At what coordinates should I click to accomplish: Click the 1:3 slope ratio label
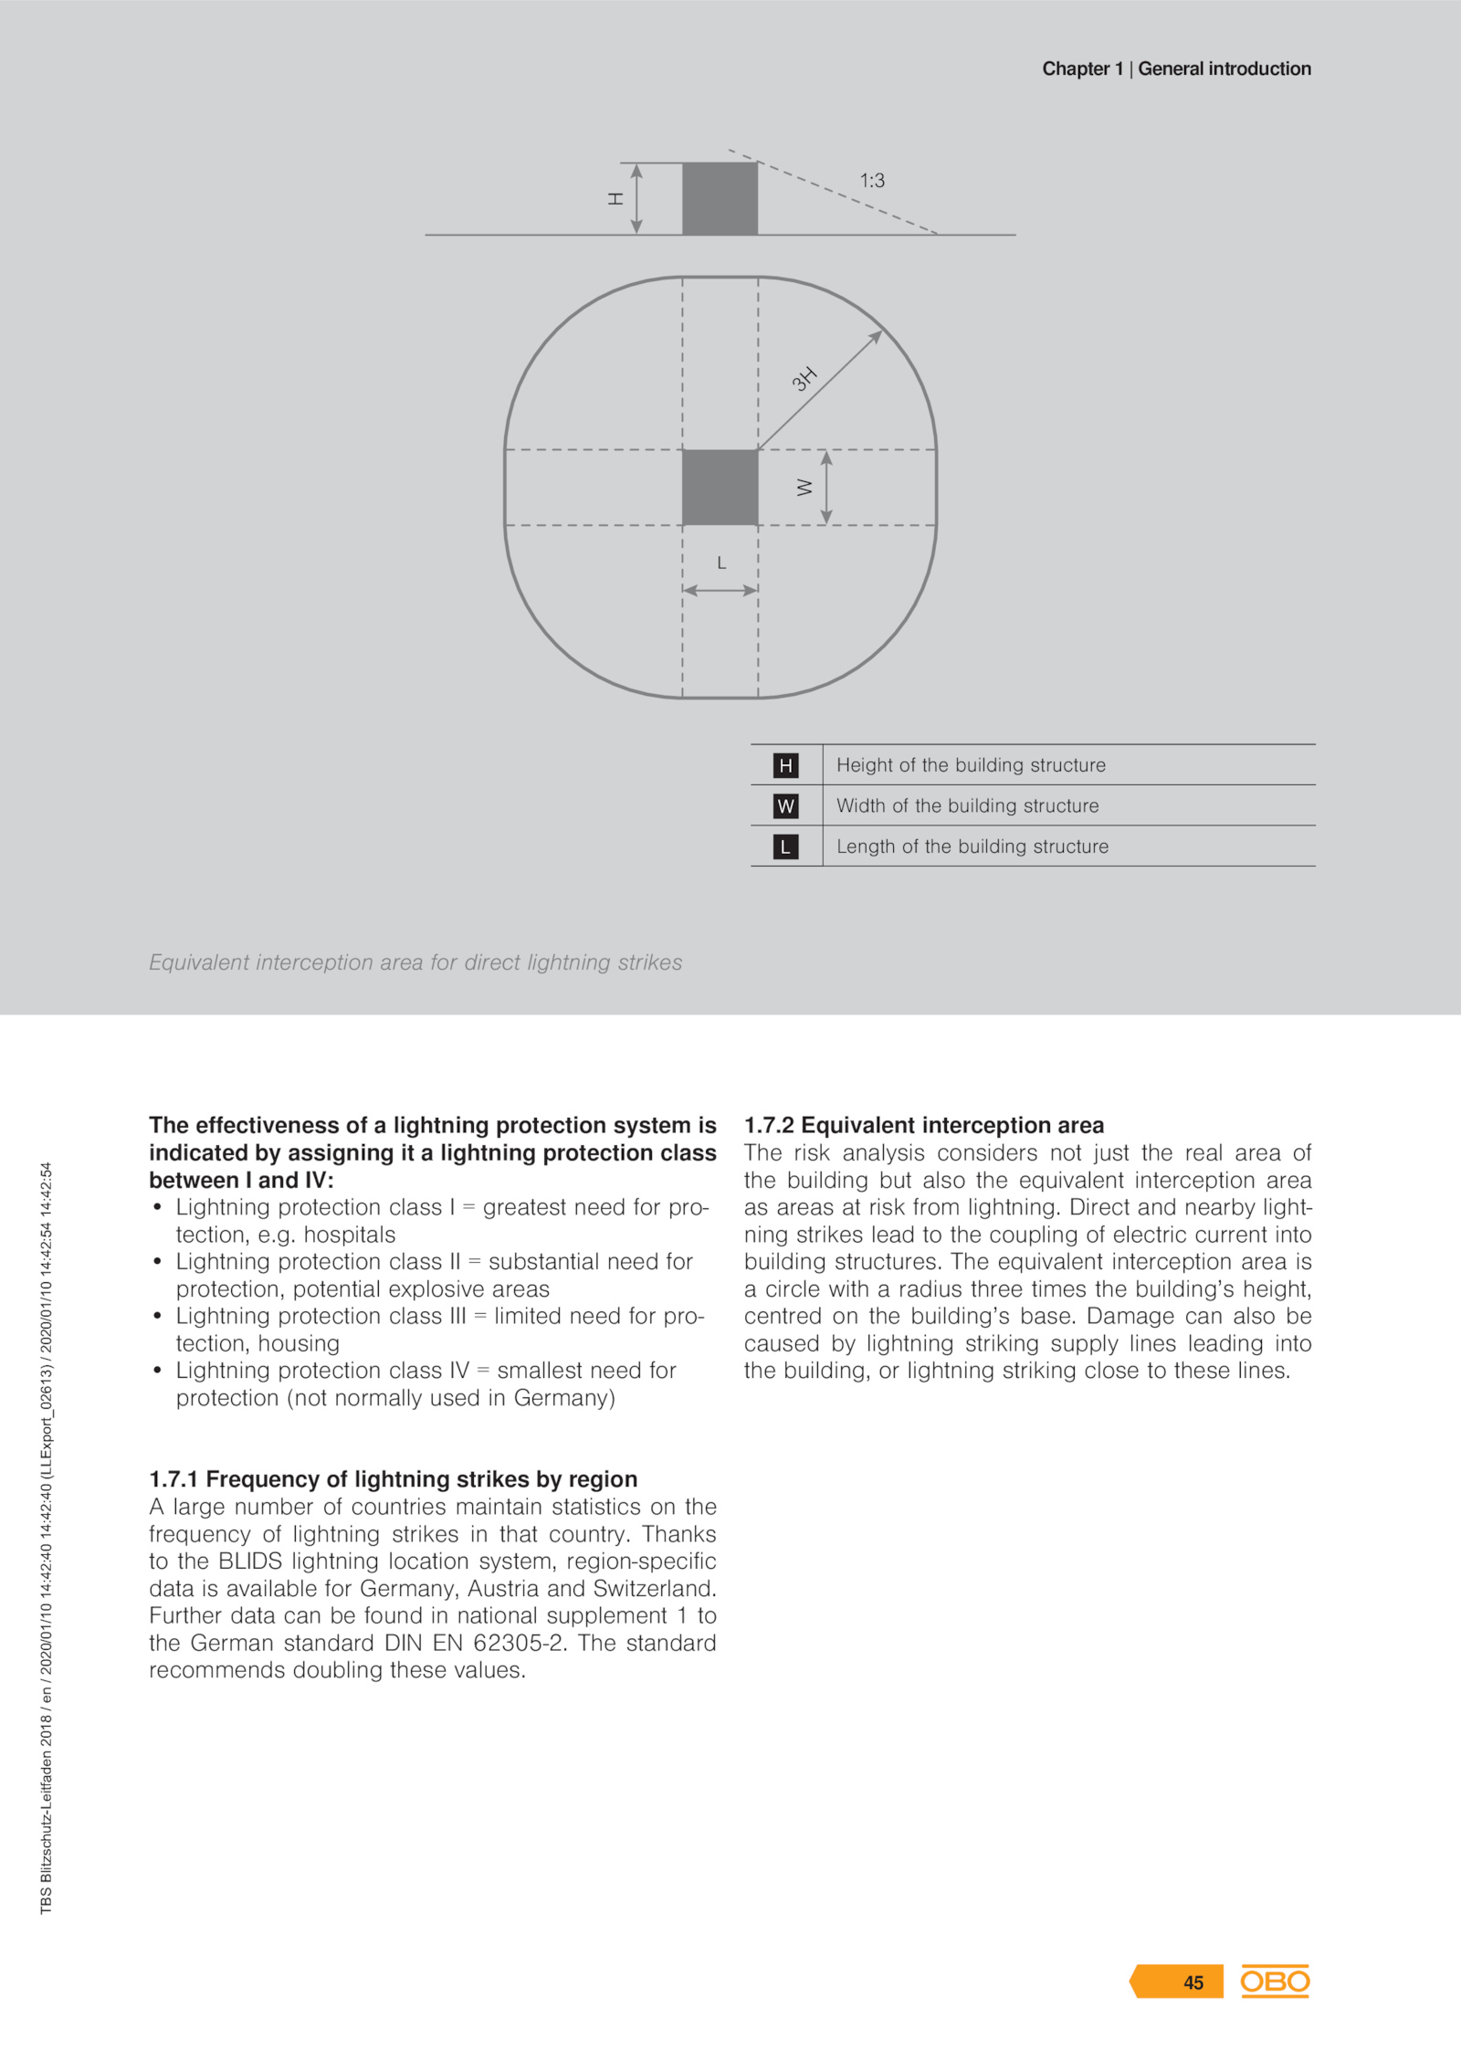tap(872, 181)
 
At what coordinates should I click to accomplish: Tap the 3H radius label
tap(804, 378)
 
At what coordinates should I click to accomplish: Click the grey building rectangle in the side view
tap(720, 199)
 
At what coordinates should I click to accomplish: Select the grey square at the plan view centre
tap(720, 488)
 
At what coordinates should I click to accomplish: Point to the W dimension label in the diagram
tap(804, 488)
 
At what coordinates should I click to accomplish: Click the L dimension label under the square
tap(721, 563)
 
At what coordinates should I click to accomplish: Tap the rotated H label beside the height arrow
tap(616, 198)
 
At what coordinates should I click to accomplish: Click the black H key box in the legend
tap(785, 765)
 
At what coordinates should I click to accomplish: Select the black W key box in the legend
tap(785, 806)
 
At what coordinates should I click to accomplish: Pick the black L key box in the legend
tap(785, 846)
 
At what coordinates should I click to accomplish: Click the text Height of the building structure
tap(971, 765)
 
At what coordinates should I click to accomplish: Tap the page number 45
tap(1193, 1982)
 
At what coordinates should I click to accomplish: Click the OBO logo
tap(1275, 1982)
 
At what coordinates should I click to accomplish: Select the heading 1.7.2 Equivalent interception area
tap(924, 1125)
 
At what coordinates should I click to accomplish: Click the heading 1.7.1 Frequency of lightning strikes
tap(394, 1479)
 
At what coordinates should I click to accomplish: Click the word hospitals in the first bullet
tap(350, 1235)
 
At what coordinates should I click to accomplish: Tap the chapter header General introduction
tap(1224, 68)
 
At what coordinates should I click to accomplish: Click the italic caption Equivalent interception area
tap(415, 962)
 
